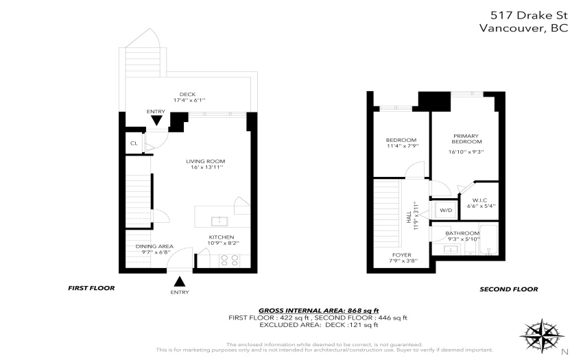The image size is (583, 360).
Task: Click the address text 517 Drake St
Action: pos(529,15)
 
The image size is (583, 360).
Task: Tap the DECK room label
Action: pos(187,95)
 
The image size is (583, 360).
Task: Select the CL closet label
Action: pos(134,143)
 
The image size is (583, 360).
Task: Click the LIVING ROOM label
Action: pos(206,161)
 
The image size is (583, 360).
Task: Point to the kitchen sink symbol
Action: pos(219,221)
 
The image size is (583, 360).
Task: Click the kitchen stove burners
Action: pos(229,260)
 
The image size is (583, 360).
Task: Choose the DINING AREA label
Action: pos(154,246)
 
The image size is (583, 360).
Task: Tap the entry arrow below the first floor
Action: pos(180,281)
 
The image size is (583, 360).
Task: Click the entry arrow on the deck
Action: pos(156,121)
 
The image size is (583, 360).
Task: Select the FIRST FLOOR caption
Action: pos(91,288)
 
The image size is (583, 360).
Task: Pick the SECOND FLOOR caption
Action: pos(509,289)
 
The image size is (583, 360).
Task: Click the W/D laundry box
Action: pos(446,210)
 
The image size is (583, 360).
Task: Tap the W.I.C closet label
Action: pos(479,200)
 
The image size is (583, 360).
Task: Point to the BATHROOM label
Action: pos(462,233)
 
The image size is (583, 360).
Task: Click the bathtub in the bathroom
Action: pos(488,239)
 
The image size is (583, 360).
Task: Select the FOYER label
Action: pos(401,255)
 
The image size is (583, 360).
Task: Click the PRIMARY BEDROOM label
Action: pos(466,139)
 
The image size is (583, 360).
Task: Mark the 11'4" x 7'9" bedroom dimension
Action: pos(403,146)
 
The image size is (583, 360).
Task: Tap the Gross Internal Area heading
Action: pos(319,311)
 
